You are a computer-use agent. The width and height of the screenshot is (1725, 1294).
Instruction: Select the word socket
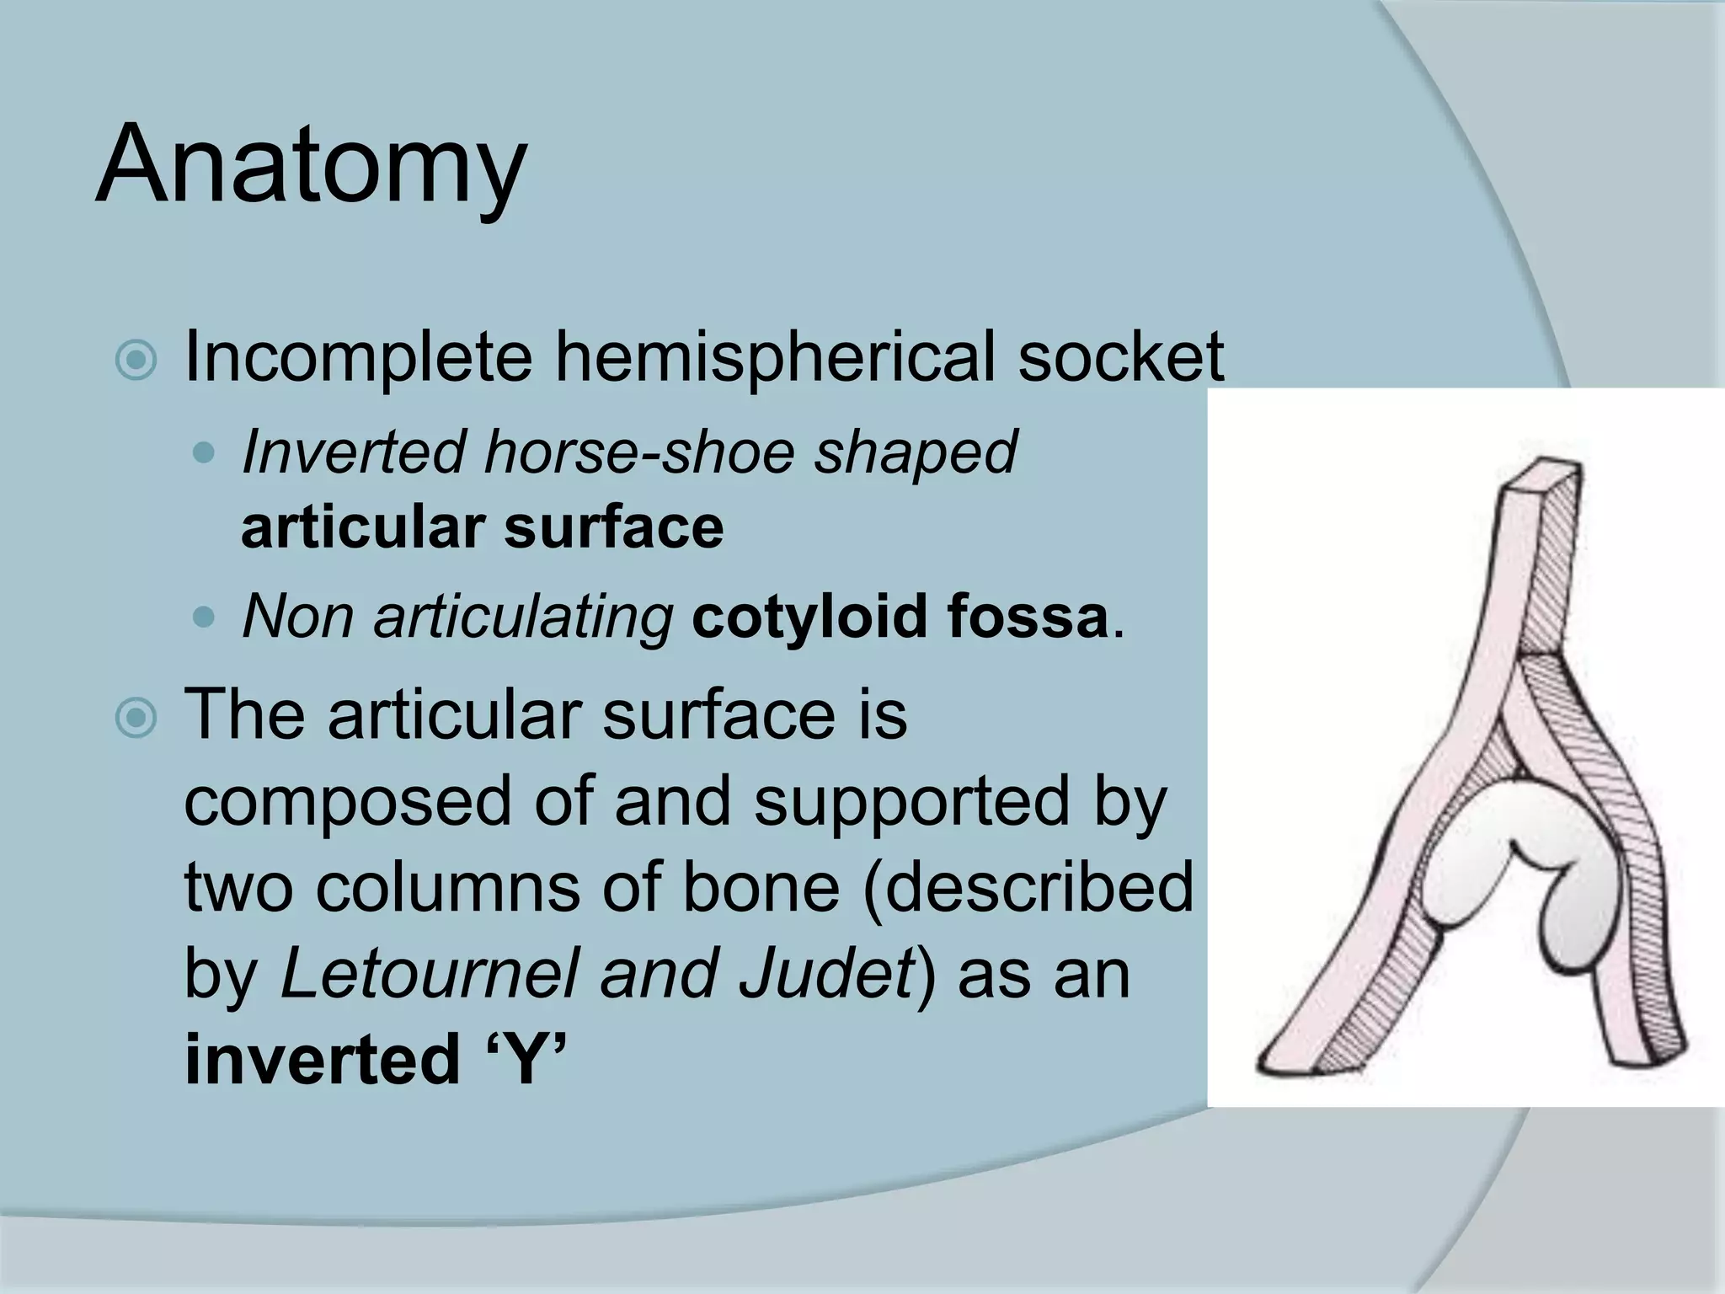[x=1119, y=357]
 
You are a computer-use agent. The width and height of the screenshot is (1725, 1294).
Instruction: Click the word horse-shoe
[x=638, y=452]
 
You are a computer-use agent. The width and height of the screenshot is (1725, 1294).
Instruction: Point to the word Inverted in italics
[x=354, y=452]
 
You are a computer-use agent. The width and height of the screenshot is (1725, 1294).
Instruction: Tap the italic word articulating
[x=523, y=618]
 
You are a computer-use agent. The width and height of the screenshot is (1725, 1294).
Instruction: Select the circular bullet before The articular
[x=136, y=719]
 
